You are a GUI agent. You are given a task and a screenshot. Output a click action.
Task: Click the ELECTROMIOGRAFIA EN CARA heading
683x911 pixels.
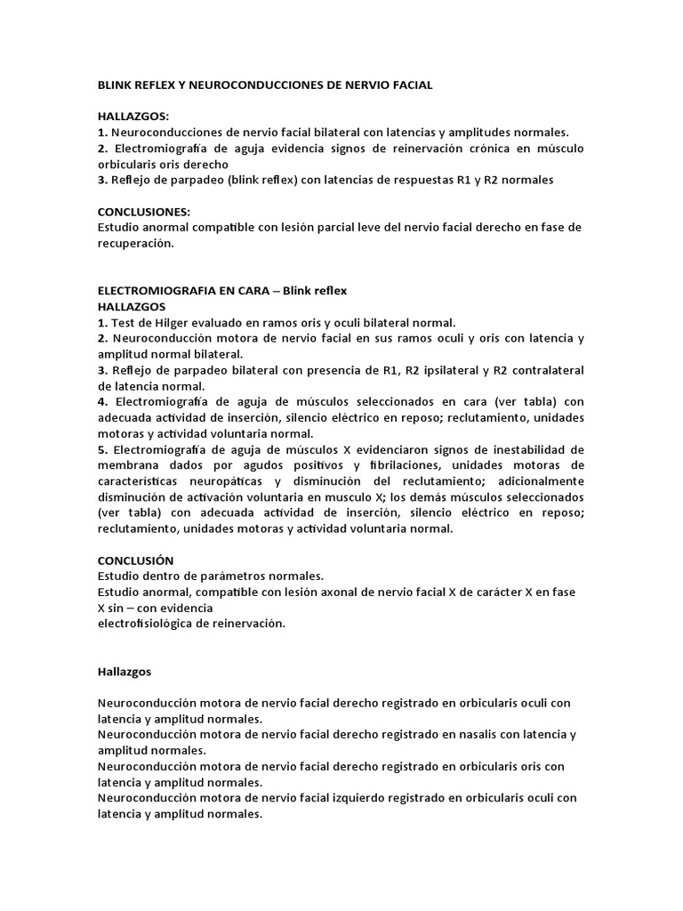[185, 290]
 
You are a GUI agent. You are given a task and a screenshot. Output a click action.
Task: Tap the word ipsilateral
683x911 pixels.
[432, 370]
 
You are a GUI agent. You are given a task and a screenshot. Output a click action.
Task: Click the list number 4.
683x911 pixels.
[100, 402]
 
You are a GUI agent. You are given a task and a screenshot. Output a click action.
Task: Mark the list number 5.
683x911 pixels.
[100, 449]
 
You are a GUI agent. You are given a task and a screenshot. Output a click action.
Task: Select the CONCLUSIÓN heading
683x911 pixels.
[135, 560]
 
